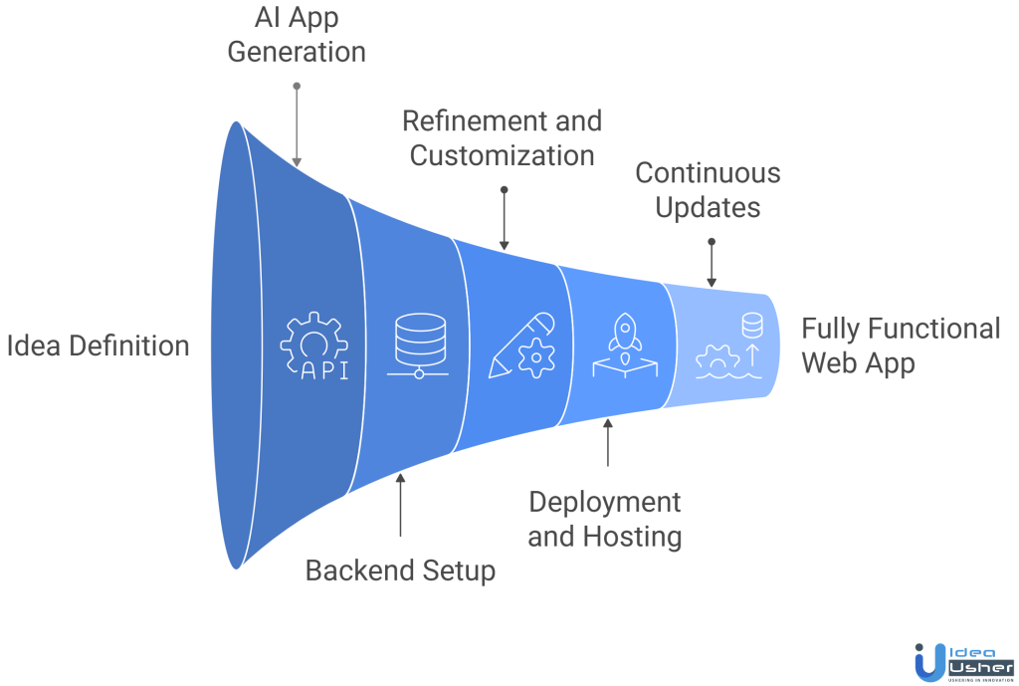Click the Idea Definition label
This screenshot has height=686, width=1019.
pos(98,346)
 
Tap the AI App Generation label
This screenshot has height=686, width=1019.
pos(297,35)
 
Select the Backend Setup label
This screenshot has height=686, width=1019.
pos(400,571)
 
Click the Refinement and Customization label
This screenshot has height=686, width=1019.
pos(503,138)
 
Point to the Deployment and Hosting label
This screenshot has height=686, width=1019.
pos(605,519)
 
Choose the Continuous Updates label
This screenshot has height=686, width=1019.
pos(709,189)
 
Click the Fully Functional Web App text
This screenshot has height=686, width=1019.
pos(901,345)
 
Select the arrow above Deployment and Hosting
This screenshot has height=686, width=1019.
pos(608,443)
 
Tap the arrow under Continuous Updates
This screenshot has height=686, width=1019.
pos(711,264)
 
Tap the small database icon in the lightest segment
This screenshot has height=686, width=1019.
pos(753,326)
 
